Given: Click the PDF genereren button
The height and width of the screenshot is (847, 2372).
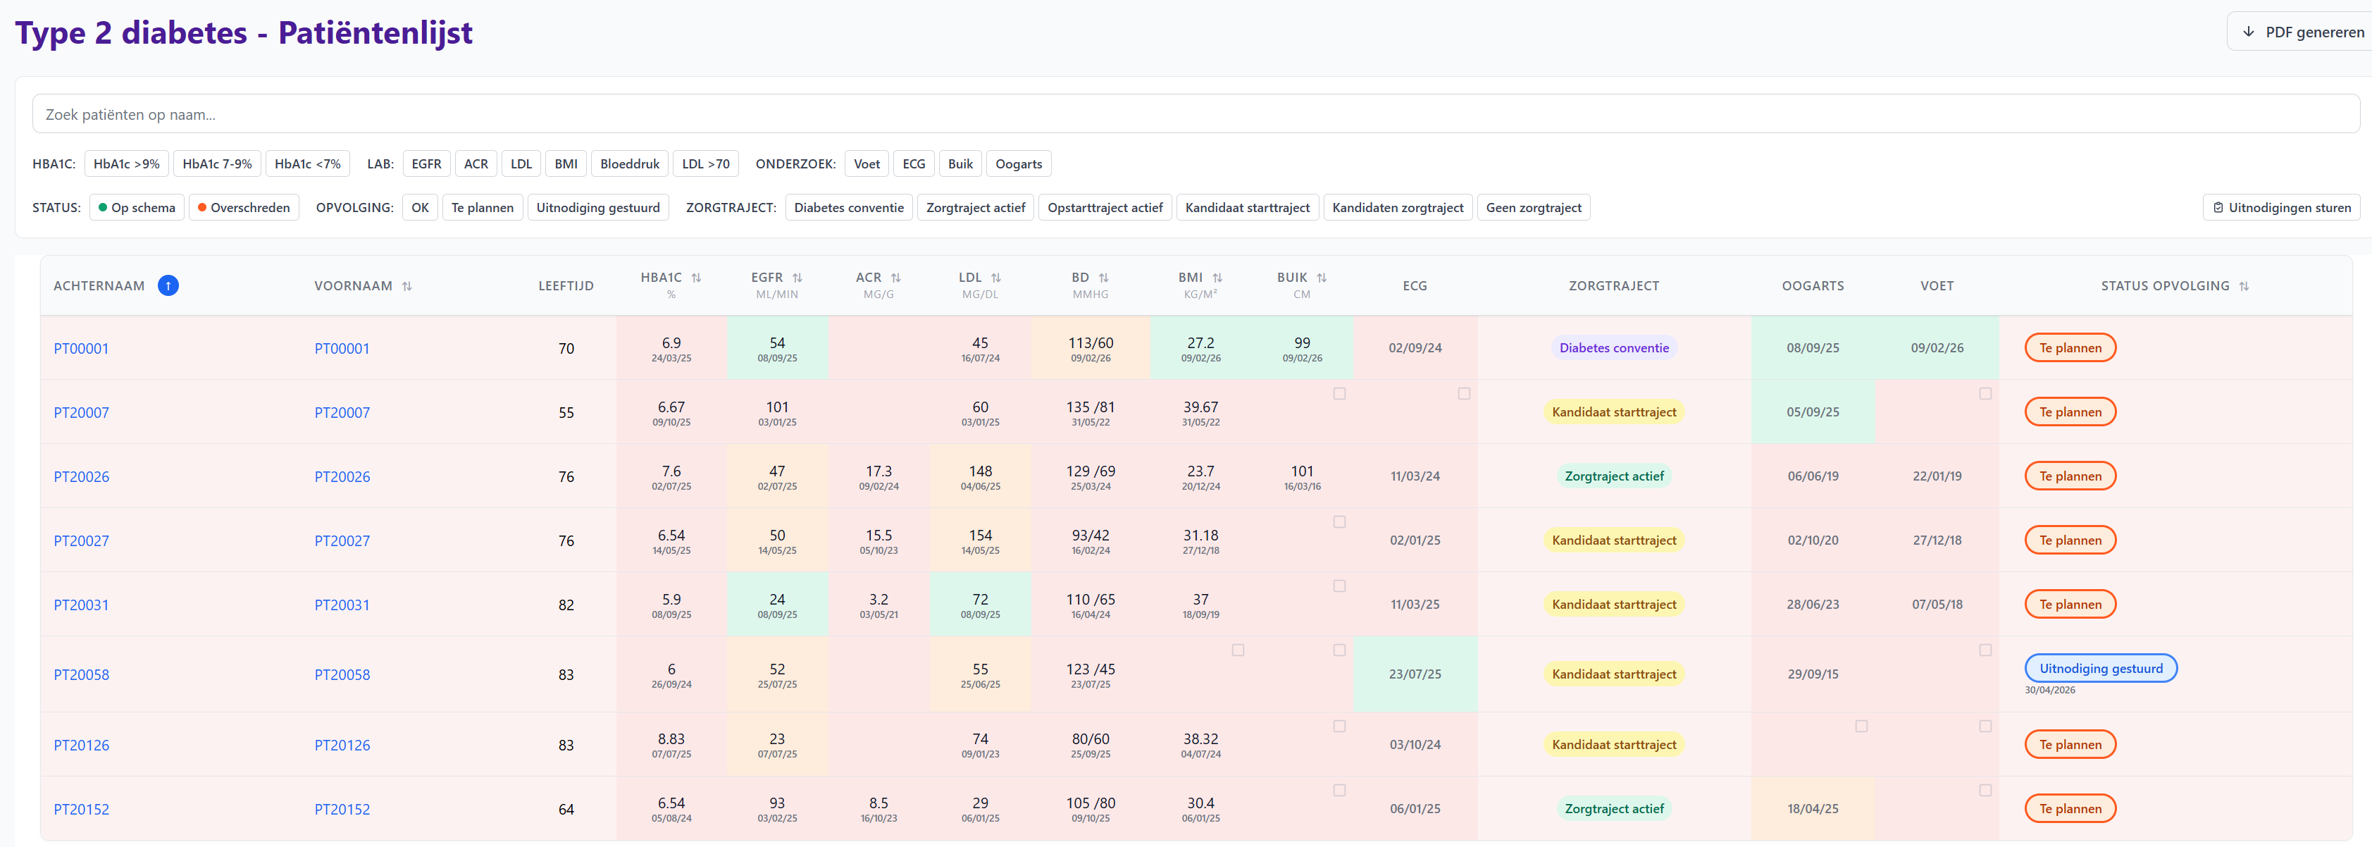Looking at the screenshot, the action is coord(2300,32).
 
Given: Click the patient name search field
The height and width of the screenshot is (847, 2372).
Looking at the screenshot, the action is coord(1196,114).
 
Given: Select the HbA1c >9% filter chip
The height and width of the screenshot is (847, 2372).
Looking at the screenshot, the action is coord(126,164).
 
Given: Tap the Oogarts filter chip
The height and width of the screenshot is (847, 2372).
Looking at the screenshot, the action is coord(1019,164).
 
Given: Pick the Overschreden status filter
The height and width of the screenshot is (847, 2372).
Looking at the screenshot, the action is coord(244,207).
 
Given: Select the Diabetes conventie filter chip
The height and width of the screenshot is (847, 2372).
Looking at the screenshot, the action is coord(849,207).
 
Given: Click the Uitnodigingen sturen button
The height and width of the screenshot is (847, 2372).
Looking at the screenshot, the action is coord(2282,207).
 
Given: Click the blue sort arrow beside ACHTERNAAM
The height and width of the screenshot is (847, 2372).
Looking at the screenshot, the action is coord(168,285).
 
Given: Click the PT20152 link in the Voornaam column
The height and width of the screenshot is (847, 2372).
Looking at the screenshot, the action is coord(342,809).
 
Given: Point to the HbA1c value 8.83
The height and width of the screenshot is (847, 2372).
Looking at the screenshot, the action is coord(671,738).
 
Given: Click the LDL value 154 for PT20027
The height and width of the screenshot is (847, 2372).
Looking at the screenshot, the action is coord(981,535).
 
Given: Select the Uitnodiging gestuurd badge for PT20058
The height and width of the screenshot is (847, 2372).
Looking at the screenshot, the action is coord(2100,669).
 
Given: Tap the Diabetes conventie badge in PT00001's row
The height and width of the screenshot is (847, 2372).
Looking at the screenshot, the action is coord(1613,348).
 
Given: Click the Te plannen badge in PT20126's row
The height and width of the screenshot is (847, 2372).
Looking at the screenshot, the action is coord(2070,745).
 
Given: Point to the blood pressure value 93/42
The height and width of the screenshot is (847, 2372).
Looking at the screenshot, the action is coord(1091,535).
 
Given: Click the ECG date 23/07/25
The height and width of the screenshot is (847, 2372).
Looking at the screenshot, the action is coord(1415,674).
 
